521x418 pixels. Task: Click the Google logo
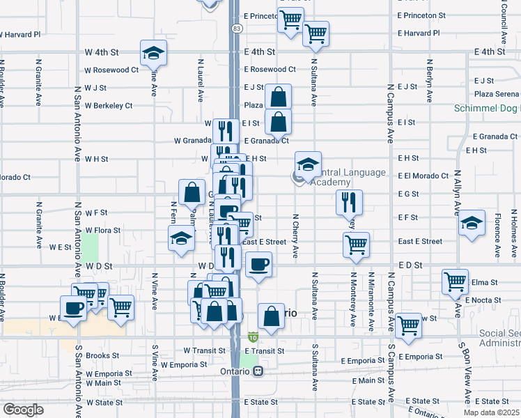[x=22, y=410]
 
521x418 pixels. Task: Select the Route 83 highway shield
[x=238, y=28]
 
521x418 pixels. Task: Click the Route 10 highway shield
[x=254, y=338]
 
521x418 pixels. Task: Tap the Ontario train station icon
[x=258, y=371]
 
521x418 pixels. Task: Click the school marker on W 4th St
[x=154, y=53]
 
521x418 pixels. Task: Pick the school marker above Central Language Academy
[x=308, y=164]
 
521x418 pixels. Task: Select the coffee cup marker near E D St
[x=258, y=265]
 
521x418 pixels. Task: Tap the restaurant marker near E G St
[x=349, y=202]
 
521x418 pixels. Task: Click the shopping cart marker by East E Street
[x=356, y=245]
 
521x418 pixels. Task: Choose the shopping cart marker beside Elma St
[x=455, y=281]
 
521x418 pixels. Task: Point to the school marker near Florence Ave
[x=472, y=224]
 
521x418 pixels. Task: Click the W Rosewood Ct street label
[x=111, y=70]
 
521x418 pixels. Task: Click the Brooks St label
[x=99, y=355]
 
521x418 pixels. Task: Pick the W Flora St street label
[x=103, y=230]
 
